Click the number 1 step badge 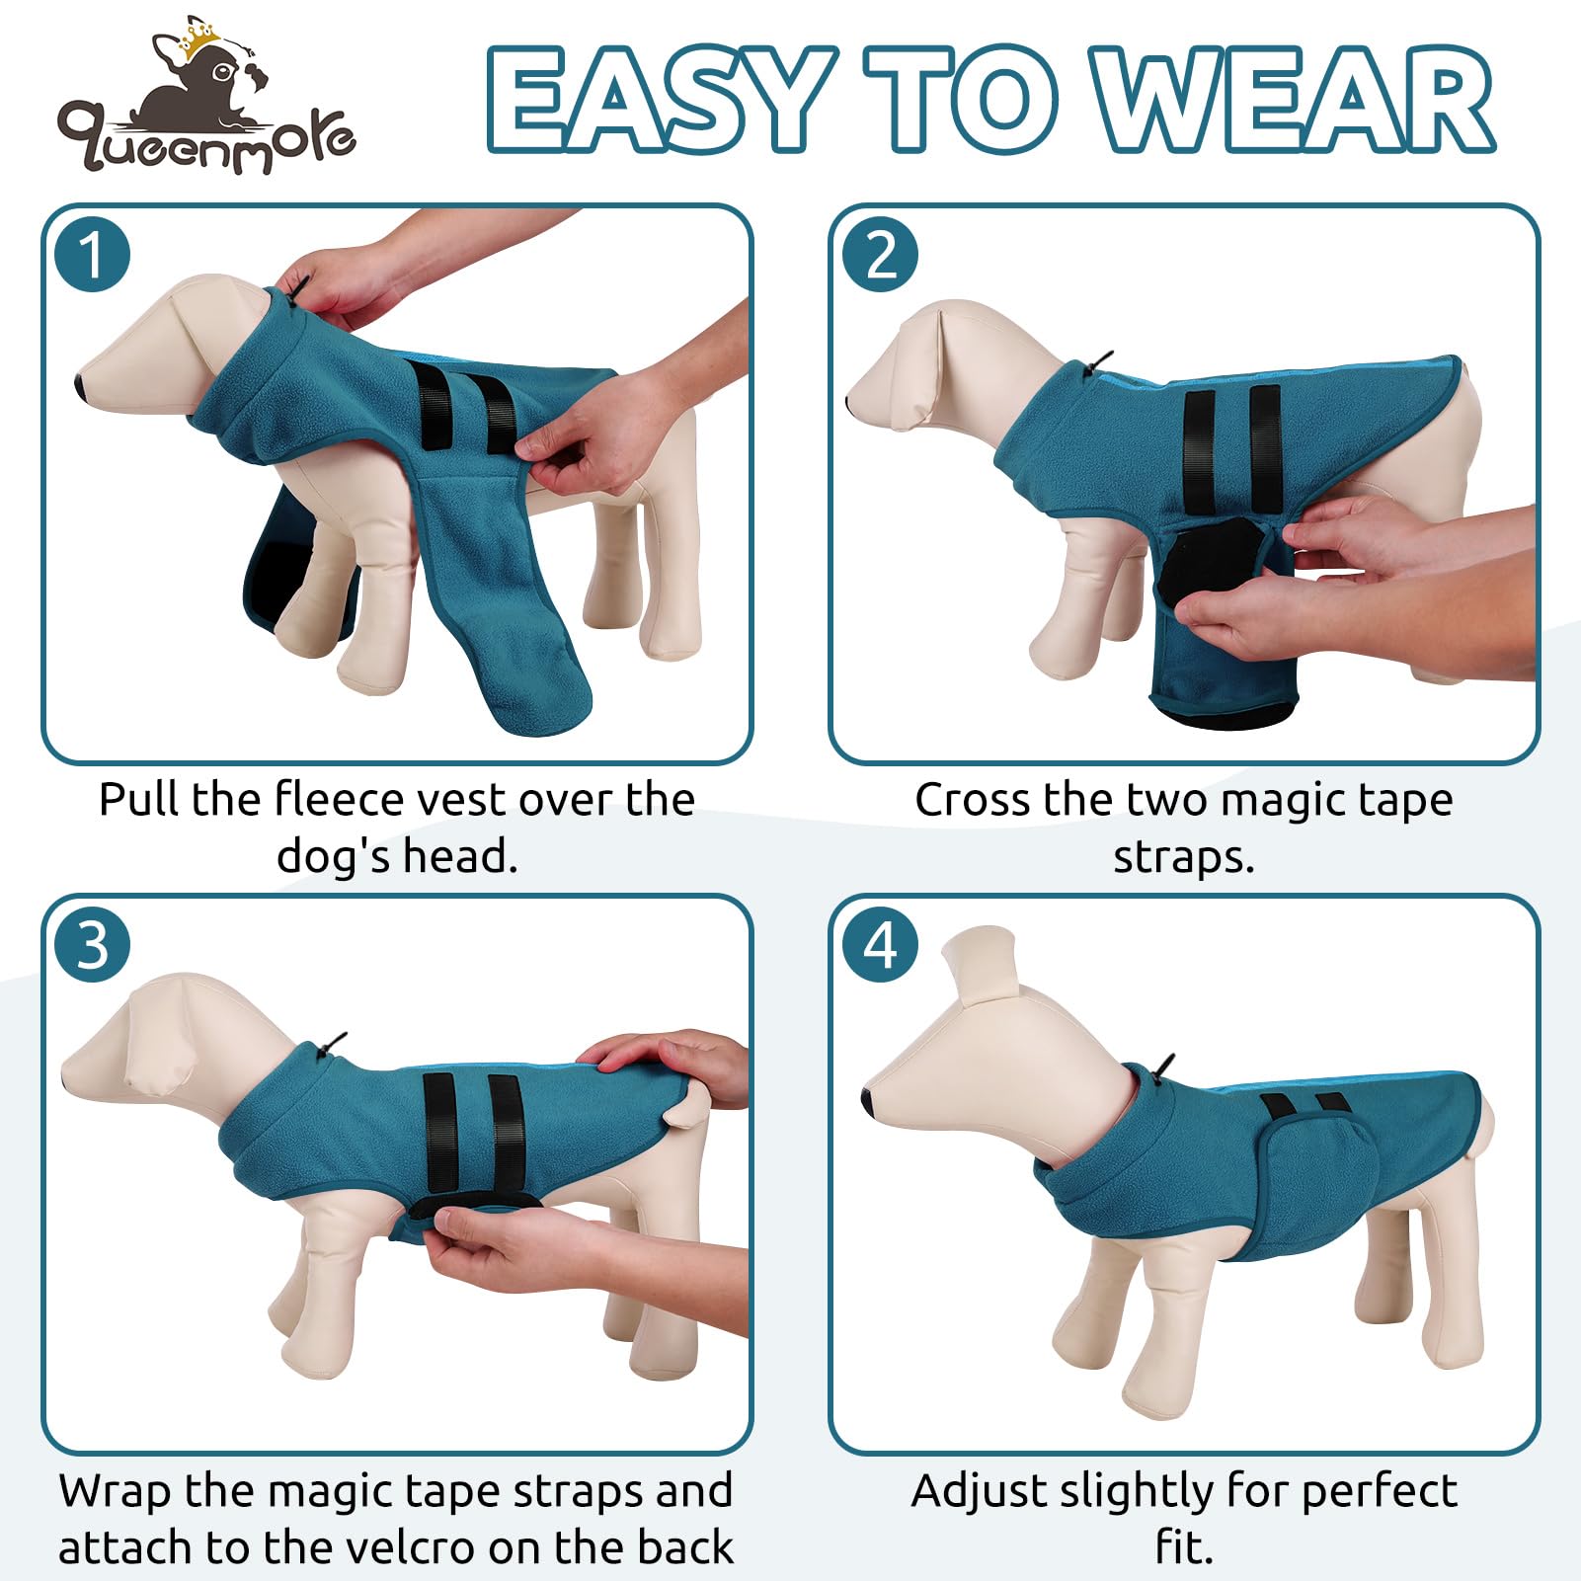93,255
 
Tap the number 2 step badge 881,255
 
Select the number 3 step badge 93,945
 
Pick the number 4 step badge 881,945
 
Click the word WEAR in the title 1294,99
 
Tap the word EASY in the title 657,99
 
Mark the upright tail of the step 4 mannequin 978,963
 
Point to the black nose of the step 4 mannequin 867,1100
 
